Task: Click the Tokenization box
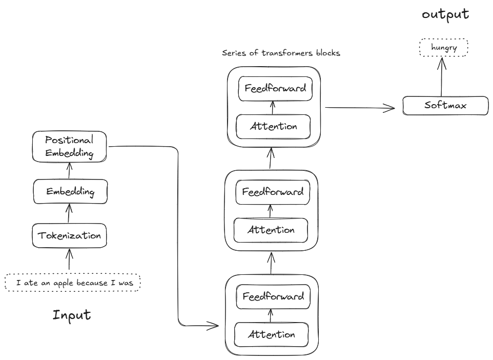pos(70,236)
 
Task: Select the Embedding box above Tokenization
pos(70,192)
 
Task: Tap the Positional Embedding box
pos(70,146)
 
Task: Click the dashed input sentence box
pos(72,283)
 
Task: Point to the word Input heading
pos(72,314)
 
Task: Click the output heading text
pos(445,14)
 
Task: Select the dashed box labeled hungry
pos(443,48)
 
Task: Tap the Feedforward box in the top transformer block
pos(275,88)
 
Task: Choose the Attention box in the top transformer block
pos(273,127)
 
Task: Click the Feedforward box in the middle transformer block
pos(273,192)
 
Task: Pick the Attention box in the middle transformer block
pos(271,230)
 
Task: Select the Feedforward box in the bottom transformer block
pos(273,296)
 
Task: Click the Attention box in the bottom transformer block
pos(272,335)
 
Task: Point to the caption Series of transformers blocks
pos(281,53)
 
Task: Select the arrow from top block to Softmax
pos(360,108)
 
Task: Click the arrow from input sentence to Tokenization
pos(69,259)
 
